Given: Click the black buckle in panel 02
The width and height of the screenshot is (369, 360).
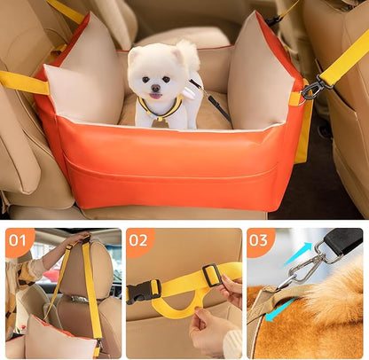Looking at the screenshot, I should coord(144,291).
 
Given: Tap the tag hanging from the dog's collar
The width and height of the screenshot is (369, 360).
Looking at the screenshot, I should coord(160,122).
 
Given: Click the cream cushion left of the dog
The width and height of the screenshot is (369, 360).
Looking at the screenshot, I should coord(84,84).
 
